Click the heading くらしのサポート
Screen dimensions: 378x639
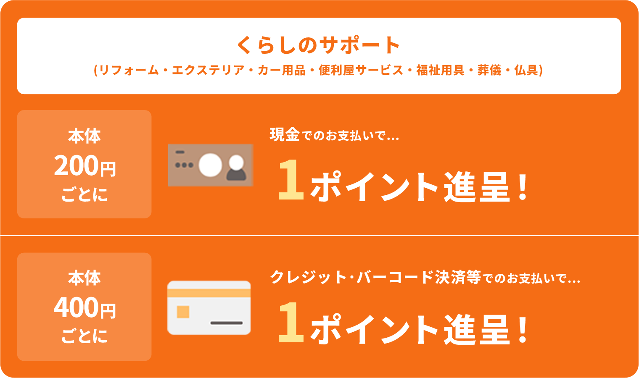[x=318, y=45]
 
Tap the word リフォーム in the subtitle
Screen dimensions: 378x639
[x=129, y=70]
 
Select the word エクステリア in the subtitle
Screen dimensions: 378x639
[x=208, y=70]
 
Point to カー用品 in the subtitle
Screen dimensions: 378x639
[x=281, y=70]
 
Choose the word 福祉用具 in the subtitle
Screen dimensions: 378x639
[x=440, y=70]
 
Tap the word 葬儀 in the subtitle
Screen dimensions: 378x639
[x=489, y=70]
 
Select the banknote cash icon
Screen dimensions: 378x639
[x=211, y=165]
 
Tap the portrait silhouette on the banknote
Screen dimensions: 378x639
[x=236, y=168]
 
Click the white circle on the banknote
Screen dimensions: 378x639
[x=210, y=165]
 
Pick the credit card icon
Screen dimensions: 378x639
[x=209, y=307]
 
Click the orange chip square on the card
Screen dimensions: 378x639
[x=183, y=312]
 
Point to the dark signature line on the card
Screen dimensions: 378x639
[x=227, y=323]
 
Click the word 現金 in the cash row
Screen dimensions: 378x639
[x=285, y=135]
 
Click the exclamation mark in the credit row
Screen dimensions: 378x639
[x=523, y=329]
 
